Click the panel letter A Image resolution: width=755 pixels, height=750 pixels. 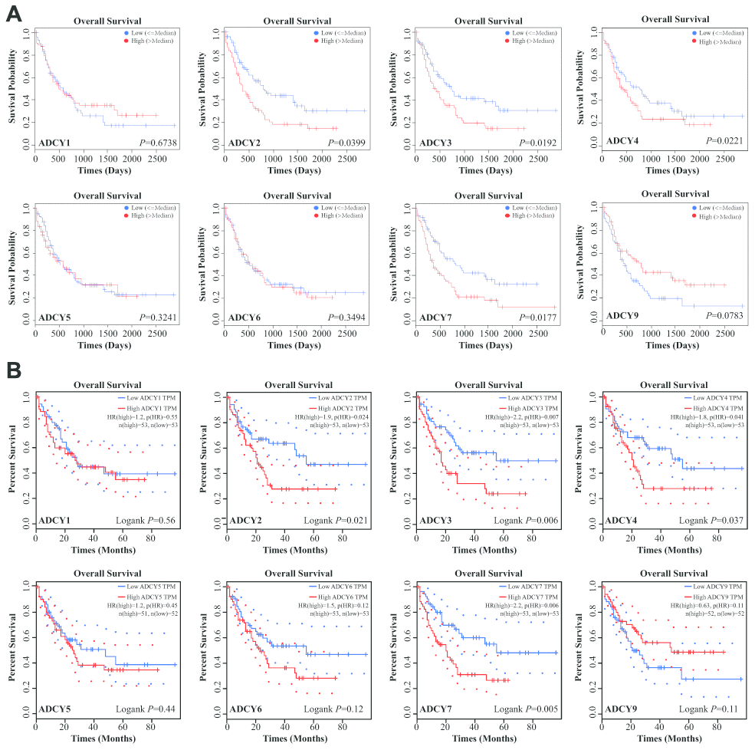coord(13,14)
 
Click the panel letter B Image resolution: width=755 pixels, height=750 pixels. coord(13,371)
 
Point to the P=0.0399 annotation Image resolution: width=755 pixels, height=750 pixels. coord(346,143)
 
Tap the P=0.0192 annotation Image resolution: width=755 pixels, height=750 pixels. coord(537,143)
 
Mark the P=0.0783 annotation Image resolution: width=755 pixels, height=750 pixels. coord(725,314)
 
